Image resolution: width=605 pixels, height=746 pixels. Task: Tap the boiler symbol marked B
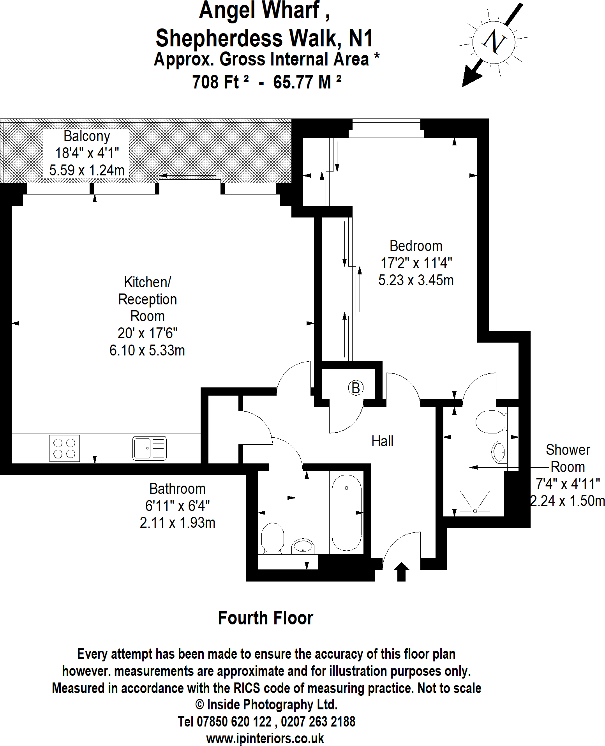tap(355, 388)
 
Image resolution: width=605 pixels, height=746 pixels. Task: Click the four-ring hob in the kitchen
tap(64, 448)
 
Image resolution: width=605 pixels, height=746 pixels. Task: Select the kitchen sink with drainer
tap(150, 448)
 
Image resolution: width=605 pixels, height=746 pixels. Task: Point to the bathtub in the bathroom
tap(346, 513)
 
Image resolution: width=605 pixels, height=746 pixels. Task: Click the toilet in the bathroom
tap(272, 538)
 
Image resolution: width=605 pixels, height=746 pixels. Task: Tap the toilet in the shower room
tap(491, 422)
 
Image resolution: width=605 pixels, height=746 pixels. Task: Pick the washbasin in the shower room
tap(499, 452)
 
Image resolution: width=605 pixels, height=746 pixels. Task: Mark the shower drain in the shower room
tap(475, 511)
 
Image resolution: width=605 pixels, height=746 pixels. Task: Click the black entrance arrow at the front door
tap(402, 572)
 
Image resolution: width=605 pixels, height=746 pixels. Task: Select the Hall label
tap(382, 441)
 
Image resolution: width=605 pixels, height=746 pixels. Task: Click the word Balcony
tap(86, 136)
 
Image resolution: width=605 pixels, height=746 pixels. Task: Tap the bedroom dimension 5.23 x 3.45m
tap(416, 280)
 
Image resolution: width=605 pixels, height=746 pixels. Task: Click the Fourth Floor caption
tap(265, 618)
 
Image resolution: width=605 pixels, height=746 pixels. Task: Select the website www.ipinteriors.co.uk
tap(265, 738)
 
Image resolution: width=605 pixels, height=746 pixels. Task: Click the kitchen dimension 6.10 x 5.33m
tap(147, 350)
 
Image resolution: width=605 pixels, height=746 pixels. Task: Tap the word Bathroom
tap(177, 489)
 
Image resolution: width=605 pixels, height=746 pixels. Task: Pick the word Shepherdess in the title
tap(219, 38)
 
